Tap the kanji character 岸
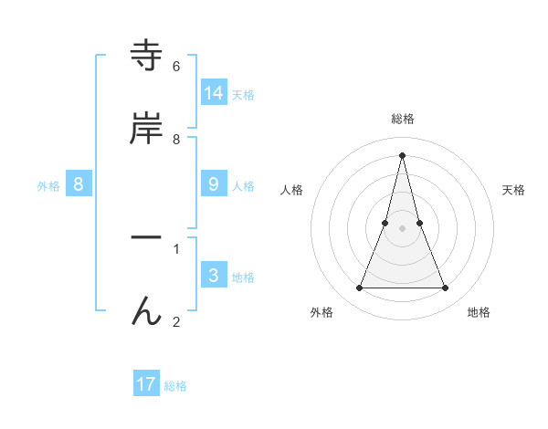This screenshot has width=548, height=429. coord(146,129)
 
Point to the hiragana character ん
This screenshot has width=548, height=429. coord(146,310)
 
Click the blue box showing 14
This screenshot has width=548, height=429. coord(214,92)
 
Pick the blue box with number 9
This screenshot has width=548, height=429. coord(214,183)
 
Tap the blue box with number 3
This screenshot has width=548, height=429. coord(214,275)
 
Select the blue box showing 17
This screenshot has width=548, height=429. coord(146,383)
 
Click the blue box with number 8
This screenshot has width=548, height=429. coord(79,183)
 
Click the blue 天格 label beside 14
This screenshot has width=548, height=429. coord(243,95)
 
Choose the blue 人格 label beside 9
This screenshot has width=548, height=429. coord(243,186)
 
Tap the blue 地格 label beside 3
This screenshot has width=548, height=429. coord(243,277)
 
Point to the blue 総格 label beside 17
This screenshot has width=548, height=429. coord(175,386)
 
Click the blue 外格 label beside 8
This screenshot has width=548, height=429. coord(48,186)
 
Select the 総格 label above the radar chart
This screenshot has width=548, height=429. coord(402,119)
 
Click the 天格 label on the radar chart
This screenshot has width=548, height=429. coord(513,190)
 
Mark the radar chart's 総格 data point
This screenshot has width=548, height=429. coord(402,154)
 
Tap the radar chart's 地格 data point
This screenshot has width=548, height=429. coord(446,288)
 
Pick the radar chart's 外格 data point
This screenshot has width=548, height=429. coord(359,288)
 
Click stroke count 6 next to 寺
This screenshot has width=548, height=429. coord(175,67)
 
